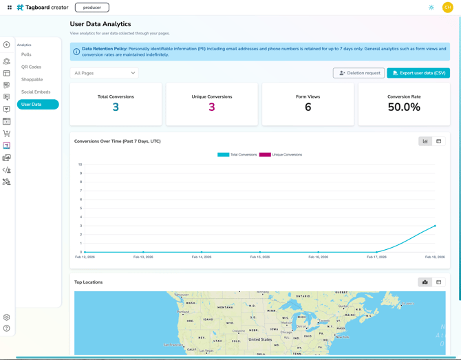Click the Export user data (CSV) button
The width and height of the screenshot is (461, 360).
pos(418,73)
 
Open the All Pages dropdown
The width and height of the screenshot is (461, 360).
pos(105,73)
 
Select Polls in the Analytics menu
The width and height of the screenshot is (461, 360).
pos(26,54)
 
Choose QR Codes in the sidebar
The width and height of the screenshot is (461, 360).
pos(31,67)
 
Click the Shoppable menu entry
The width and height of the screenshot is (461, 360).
pos(32,79)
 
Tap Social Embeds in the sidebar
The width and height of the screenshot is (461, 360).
pos(36,92)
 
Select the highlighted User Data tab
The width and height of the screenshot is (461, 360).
pos(37,105)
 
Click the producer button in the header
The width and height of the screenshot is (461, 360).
pos(92,8)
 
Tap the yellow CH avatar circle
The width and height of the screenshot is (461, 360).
pos(447,8)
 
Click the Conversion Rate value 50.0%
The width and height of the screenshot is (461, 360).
pos(404,107)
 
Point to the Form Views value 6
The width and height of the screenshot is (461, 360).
pos(308,107)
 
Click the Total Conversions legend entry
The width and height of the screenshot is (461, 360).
pos(238,155)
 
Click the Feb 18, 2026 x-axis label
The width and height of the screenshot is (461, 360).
pos(434,257)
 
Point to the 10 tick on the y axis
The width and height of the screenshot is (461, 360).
pos(81,165)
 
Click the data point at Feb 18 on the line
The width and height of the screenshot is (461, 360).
pos(435,226)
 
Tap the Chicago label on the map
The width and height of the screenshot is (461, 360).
pos(286,332)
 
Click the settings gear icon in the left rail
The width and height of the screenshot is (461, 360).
pos(7,317)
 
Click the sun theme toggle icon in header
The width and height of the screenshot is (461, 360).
pos(431,8)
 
